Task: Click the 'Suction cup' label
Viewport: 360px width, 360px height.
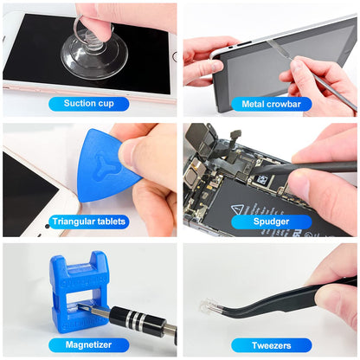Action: [89, 104]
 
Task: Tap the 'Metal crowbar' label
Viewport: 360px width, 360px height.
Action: [271, 104]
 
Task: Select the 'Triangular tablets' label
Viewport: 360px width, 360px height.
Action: [89, 222]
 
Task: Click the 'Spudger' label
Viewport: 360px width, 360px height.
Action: [271, 222]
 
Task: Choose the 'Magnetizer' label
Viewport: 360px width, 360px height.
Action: [89, 345]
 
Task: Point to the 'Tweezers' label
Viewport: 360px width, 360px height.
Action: [271, 345]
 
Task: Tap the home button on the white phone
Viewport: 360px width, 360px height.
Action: [173, 57]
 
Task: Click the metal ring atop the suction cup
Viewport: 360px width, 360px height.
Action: [91, 31]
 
